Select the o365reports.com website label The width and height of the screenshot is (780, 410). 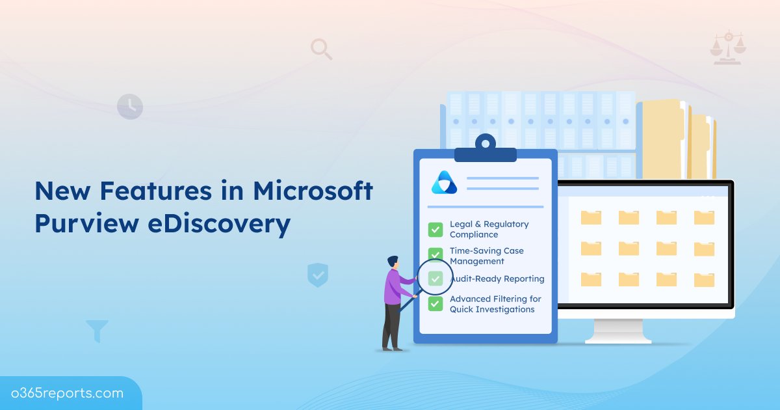click(67, 393)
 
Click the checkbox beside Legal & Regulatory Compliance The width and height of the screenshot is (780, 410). click(435, 229)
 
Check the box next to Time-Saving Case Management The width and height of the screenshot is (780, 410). click(435, 254)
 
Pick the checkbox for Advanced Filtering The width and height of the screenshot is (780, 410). click(435, 303)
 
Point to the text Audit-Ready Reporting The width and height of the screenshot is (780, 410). click(497, 279)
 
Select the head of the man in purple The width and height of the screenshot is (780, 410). click(393, 262)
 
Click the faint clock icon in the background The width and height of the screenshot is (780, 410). click(129, 106)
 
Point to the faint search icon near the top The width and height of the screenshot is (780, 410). click(320, 49)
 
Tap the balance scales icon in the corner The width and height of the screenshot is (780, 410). click(728, 47)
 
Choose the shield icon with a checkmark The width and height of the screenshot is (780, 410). click(318, 275)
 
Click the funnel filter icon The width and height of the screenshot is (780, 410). click(97, 331)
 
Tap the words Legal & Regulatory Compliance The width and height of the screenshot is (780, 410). click(489, 229)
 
